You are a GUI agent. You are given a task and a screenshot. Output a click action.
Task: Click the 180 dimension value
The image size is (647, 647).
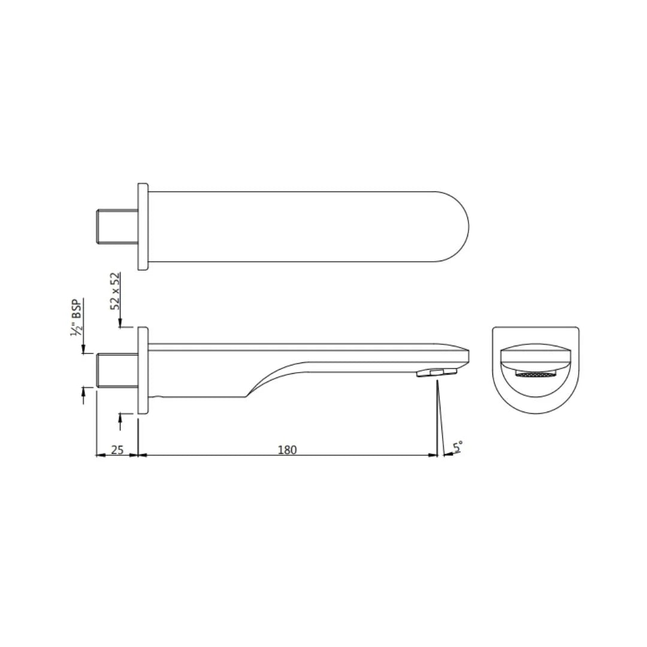[288, 449]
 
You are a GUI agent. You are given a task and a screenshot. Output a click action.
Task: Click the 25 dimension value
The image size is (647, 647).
[117, 449]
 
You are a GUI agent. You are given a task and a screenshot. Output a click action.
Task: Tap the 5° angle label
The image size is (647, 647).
[458, 447]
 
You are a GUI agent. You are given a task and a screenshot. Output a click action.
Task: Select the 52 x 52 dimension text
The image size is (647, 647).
[116, 291]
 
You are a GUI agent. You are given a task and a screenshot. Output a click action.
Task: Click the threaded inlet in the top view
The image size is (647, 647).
[117, 226]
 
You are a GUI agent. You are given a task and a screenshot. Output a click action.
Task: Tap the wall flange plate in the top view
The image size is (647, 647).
[143, 226]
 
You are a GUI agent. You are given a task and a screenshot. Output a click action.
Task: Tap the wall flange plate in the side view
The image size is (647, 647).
[143, 370]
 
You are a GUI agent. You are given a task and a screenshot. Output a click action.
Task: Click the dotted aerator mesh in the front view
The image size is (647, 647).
[536, 375]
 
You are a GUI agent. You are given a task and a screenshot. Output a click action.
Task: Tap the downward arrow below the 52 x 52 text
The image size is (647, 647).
[120, 324]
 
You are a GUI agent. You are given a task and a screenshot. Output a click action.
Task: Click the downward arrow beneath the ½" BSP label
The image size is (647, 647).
[83, 349]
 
